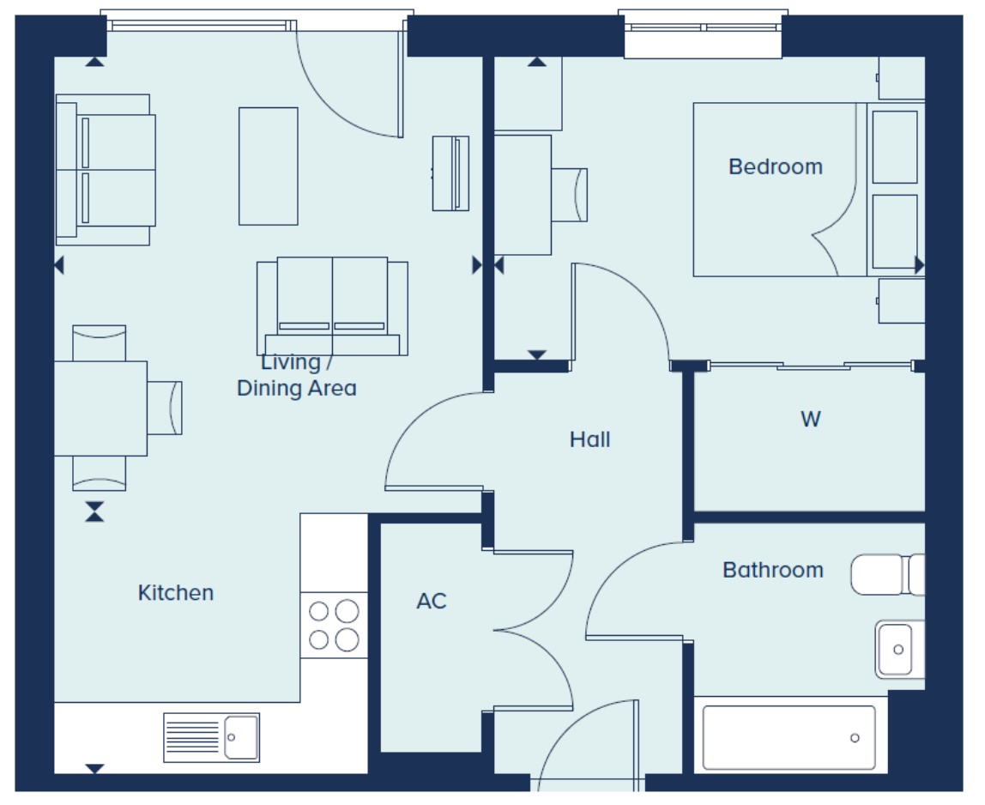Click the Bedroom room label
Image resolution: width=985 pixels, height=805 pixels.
(775, 166)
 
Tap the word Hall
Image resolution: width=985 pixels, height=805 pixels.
(589, 439)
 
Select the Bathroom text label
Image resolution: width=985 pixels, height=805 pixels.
(773, 570)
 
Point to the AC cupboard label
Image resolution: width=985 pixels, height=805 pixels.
(432, 601)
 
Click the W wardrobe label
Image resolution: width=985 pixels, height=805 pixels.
(810, 419)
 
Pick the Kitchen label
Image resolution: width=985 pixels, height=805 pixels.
(176, 593)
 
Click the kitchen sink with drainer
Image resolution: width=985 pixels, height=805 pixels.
(211, 737)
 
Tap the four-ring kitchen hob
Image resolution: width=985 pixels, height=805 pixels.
(334, 626)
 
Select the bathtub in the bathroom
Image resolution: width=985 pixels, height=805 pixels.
(789, 737)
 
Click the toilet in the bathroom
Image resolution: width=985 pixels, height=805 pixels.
(887, 574)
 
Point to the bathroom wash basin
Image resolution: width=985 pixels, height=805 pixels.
(899, 650)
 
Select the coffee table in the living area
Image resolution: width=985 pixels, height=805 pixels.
(269, 166)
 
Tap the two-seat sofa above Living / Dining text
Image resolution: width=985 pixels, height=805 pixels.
(332, 306)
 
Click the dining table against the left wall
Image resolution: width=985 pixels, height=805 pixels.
(100, 409)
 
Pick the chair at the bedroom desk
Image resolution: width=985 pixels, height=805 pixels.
(569, 195)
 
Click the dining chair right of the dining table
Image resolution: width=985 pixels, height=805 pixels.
(165, 408)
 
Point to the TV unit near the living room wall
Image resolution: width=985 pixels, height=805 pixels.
(450, 173)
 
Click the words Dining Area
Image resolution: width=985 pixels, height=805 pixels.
(297, 388)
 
